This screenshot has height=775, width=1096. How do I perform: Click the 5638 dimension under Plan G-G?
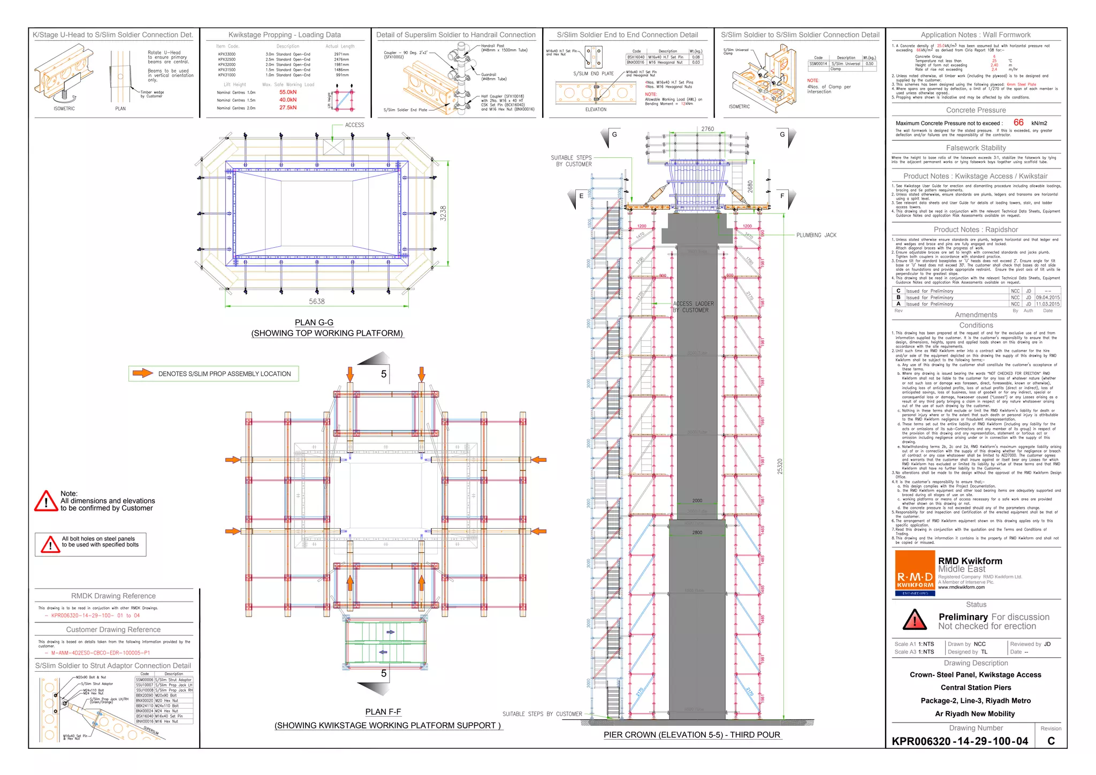pos(316,301)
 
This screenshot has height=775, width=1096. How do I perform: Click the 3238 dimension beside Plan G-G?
pos(443,213)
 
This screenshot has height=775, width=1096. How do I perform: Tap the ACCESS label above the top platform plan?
pos(354,125)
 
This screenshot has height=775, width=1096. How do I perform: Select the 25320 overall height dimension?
pos(780,466)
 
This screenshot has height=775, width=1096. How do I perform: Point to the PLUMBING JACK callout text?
pos(816,235)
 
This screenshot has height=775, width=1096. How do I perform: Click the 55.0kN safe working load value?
pos(288,92)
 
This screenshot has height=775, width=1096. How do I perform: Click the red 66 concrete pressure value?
pos(1018,123)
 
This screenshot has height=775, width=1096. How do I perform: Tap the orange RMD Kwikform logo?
pos(915,573)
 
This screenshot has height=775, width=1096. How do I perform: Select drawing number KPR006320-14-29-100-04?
pos(960,741)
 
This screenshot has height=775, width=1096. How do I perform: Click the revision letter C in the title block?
pos(1051,741)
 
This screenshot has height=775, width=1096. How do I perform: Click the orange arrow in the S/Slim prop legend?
pos(142,373)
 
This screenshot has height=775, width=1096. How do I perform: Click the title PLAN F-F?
pos(383,712)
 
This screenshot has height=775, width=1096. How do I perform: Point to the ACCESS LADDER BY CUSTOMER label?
pos(694,307)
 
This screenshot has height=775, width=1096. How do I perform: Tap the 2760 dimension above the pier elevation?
pos(707,129)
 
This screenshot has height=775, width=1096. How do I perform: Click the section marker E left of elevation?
pos(581,196)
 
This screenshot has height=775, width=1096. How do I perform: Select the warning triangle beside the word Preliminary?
pos(915,620)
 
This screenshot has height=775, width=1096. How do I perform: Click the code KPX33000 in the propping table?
pos(226,54)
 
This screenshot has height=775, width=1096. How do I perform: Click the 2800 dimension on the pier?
pos(697,533)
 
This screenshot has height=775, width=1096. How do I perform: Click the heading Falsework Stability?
pos(976,148)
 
